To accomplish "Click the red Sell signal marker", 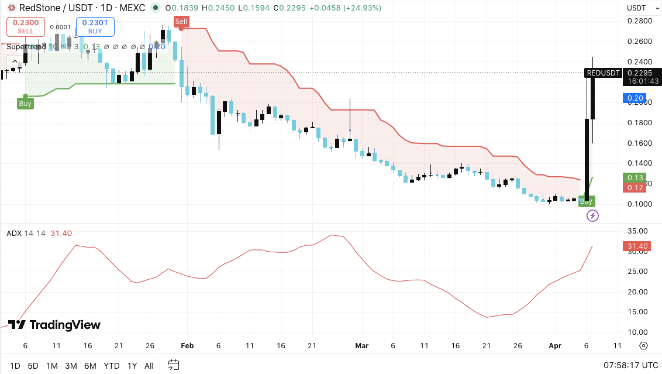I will click(181, 22).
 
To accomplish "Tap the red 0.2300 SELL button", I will click(25, 26).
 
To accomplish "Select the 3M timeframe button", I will click(71, 366).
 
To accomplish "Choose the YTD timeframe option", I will click(111, 366).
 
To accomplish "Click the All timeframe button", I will click(149, 366).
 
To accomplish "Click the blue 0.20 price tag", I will click(635, 98).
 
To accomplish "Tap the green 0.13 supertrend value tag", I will click(635, 178).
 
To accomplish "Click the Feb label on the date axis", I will click(187, 346).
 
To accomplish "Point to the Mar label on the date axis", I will click(362, 346).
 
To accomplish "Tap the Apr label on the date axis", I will click(554, 346).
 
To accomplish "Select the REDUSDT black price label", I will click(602, 73).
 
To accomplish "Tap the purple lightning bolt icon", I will click(592, 216).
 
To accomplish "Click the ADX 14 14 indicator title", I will click(26, 234).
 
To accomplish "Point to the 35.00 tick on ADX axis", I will click(637, 231).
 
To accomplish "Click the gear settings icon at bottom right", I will click(643, 346).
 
